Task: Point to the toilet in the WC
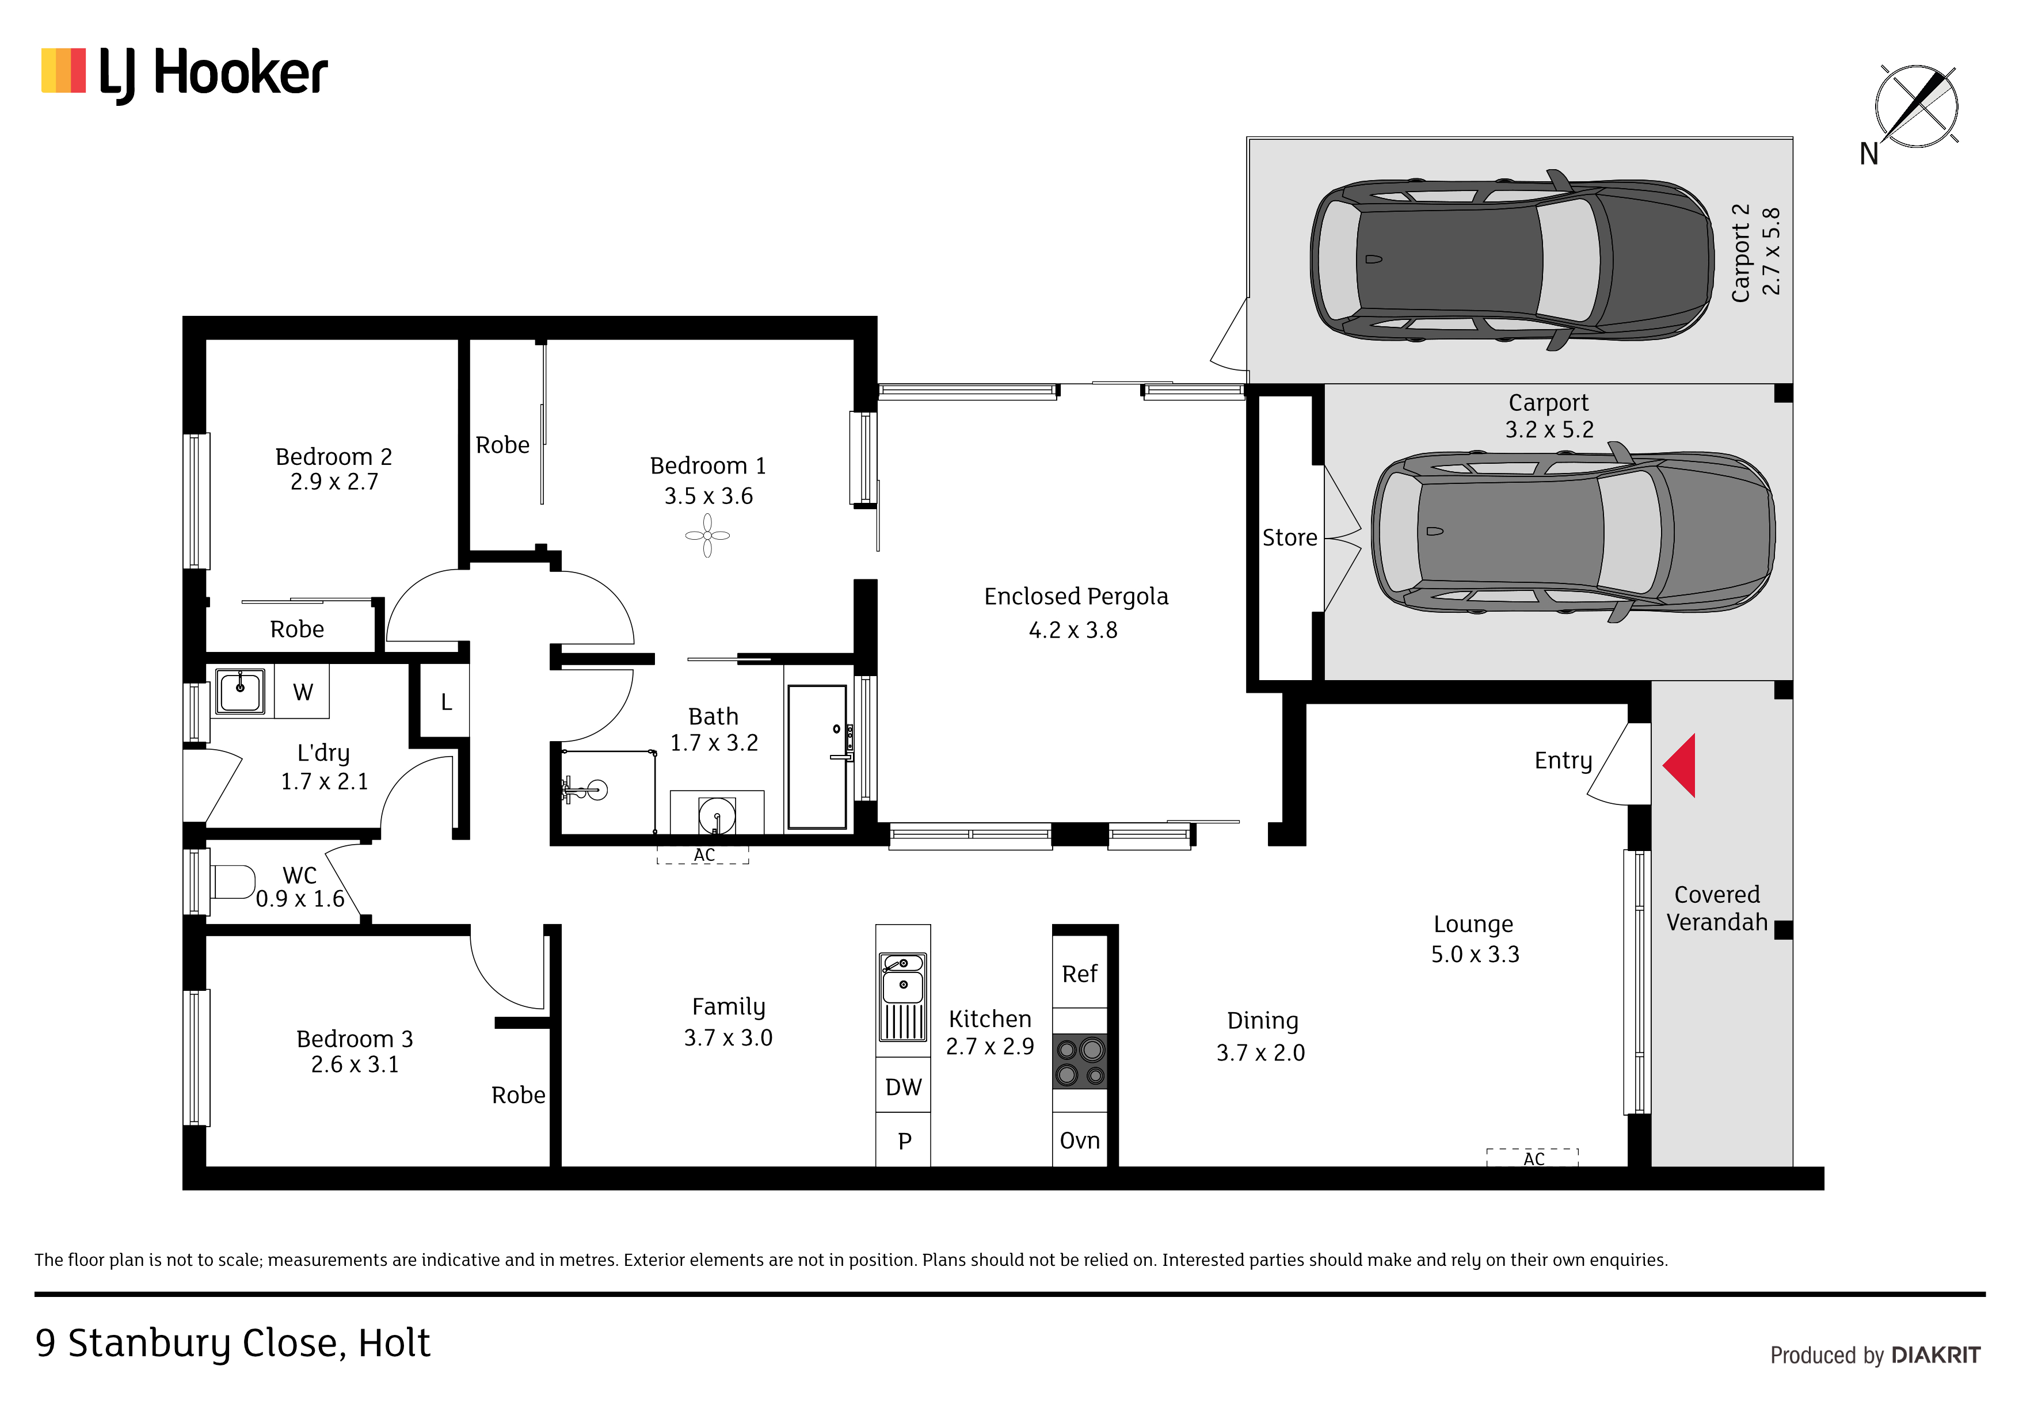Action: click(233, 882)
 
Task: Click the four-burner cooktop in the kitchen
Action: click(1080, 1061)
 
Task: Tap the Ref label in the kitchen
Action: click(1080, 974)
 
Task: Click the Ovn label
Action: click(1080, 1140)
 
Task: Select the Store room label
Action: click(1290, 537)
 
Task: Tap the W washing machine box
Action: click(303, 692)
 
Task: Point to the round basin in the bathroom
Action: click(717, 814)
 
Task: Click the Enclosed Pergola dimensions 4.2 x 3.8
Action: click(1074, 631)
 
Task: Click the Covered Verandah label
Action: click(1716, 908)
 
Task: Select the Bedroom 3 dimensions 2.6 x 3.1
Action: click(355, 1064)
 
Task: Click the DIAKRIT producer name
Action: click(1936, 1355)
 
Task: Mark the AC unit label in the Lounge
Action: click(1534, 1159)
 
